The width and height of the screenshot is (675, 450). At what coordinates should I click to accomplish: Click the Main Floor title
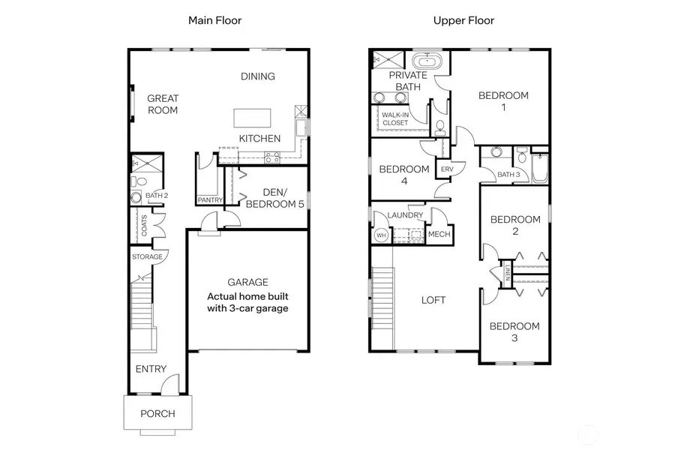(x=215, y=20)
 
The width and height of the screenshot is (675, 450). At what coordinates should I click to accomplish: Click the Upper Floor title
(x=463, y=20)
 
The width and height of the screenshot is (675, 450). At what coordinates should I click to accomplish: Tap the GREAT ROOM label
(x=162, y=104)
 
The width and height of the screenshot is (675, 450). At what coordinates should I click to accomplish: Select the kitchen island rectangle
(x=253, y=118)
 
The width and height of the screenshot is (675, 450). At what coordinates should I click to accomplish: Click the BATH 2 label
(x=157, y=196)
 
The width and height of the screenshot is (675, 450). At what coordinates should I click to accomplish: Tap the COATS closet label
(x=145, y=226)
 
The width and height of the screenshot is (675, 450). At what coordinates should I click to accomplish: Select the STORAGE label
(x=147, y=257)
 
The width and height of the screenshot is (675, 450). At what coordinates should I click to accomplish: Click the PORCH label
(x=157, y=414)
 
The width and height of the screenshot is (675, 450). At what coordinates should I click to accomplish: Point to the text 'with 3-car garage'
(x=248, y=307)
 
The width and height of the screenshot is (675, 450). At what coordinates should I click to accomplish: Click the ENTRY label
(x=151, y=369)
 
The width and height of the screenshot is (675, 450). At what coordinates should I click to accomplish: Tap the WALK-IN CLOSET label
(x=395, y=118)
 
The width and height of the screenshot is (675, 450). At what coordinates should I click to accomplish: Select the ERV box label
(x=448, y=169)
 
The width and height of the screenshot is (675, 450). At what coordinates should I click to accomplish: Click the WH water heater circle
(x=380, y=235)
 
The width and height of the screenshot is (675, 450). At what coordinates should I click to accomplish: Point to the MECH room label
(x=438, y=235)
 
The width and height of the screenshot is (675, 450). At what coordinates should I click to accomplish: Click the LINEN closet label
(x=508, y=274)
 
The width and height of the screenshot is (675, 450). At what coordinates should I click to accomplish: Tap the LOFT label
(x=433, y=300)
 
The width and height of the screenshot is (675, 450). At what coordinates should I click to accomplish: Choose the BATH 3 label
(x=508, y=175)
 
